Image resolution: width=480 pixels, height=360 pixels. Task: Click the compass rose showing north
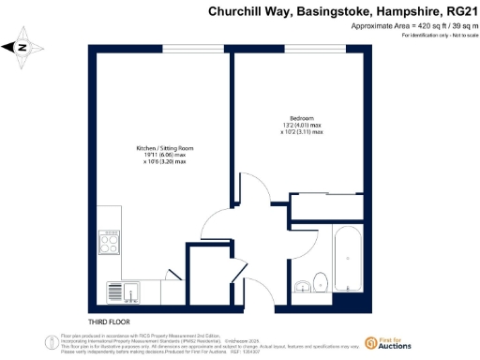[x=24, y=46]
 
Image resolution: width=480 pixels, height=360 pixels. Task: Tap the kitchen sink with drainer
[x=121, y=292]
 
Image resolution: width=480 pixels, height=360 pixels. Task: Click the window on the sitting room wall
[x=193, y=48]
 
